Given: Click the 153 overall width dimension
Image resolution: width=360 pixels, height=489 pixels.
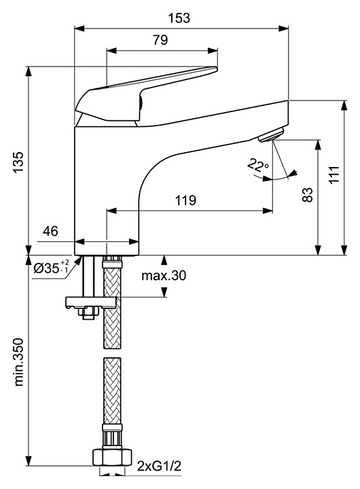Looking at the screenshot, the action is tap(179, 18).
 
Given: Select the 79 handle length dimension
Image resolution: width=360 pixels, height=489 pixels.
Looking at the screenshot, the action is tap(160, 40).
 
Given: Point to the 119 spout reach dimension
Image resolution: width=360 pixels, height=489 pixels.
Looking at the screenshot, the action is tap(185, 200).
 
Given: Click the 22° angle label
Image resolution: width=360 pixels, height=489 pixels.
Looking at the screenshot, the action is tap(257, 165).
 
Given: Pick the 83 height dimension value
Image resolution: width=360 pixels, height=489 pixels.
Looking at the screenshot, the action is tap(308, 195).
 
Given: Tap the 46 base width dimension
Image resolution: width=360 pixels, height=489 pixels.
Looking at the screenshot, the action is tap(50, 231).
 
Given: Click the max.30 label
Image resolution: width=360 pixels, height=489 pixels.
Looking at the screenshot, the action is tap(164, 275).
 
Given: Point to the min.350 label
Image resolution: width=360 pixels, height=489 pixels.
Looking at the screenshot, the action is tap(19, 362).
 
